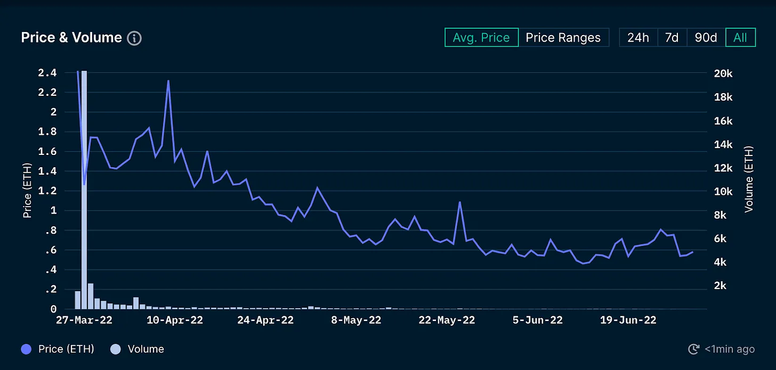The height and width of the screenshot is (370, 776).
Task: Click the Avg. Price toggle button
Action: [481, 38]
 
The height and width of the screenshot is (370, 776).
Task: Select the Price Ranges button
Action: [563, 38]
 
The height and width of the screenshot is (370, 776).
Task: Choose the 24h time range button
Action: [637, 38]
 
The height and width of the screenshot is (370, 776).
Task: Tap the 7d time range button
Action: [672, 38]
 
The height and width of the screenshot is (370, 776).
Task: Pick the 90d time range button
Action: [706, 38]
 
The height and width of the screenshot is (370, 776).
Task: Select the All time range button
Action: [740, 38]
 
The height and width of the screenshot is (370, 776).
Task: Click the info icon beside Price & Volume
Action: [134, 38]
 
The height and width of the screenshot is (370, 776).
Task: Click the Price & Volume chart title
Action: [71, 38]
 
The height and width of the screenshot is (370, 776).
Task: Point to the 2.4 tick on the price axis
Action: [47, 73]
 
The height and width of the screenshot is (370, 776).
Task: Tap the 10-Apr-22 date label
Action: [175, 320]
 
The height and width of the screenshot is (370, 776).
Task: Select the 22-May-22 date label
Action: [447, 320]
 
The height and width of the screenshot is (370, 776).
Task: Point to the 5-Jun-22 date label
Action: [537, 320]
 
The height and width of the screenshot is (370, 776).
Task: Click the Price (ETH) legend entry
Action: [59, 349]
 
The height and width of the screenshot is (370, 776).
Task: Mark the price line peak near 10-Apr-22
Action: [168, 81]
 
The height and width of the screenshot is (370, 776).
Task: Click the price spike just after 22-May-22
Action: [459, 202]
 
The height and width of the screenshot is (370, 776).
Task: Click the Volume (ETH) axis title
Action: [749, 179]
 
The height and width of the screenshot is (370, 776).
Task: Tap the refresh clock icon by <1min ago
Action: [693, 349]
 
